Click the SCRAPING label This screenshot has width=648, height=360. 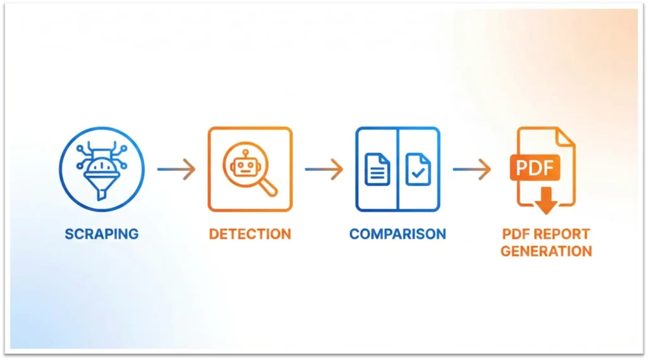101,233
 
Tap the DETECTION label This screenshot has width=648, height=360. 250,233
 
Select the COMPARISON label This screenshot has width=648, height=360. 397,233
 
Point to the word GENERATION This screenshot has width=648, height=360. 546,251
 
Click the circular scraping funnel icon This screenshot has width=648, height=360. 101,168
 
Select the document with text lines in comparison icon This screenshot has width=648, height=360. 378,169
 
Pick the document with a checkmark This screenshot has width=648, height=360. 418,169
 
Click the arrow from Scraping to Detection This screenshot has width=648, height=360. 177,169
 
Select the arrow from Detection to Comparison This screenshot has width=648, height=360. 323,169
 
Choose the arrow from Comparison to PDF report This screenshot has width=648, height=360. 471,169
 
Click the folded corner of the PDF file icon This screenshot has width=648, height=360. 566,137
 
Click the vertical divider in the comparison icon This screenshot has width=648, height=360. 397,169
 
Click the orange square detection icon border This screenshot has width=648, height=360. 209,169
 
